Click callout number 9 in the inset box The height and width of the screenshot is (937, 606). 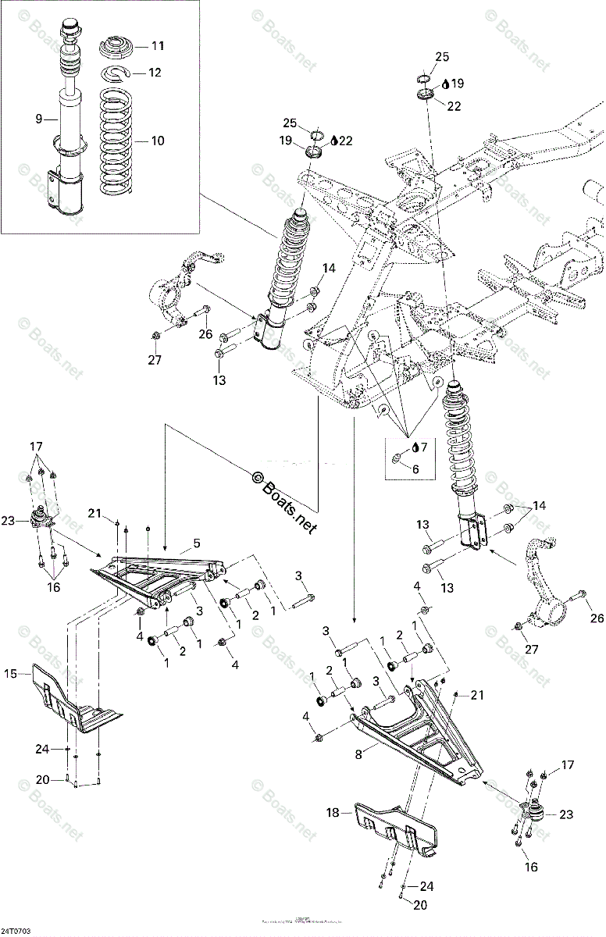[37, 119]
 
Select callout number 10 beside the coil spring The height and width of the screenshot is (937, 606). [158, 141]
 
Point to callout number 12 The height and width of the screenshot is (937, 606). [156, 73]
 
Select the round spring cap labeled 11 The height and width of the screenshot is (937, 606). [119, 48]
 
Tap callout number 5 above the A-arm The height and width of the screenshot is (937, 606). [197, 541]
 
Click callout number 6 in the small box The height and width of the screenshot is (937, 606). [415, 469]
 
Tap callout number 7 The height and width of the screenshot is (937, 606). [424, 447]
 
